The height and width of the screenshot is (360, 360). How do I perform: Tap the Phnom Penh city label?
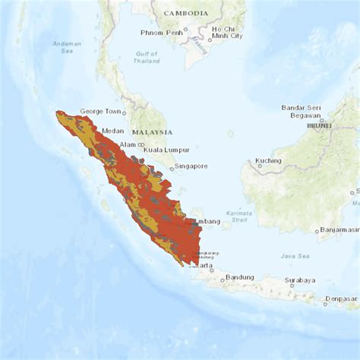pos(160,33)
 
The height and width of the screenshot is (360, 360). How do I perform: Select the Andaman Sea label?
pos(67,47)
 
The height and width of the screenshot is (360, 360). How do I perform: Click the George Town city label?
pos(101,111)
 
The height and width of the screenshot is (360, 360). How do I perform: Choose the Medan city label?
pos(112,131)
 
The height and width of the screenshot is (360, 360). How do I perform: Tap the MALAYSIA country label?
pos(152,132)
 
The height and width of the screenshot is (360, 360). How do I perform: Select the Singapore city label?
pos(191,166)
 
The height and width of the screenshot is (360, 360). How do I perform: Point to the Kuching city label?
pos(268,161)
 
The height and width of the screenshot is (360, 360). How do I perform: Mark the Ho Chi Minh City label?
pos(226,31)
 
